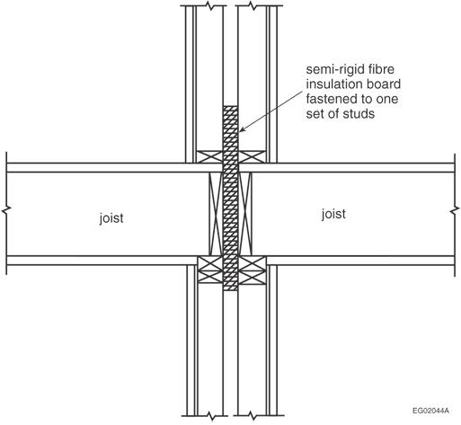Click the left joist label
click(x=111, y=218)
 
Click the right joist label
click(x=333, y=215)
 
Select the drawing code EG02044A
click(x=430, y=411)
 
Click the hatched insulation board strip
click(x=231, y=198)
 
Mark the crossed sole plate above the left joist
click(x=209, y=156)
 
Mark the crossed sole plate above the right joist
click(x=252, y=156)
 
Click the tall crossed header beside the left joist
click(x=216, y=214)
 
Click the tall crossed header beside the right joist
click(x=245, y=214)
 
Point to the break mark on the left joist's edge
click(x=6, y=210)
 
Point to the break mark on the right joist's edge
click(x=455, y=210)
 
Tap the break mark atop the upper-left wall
click(x=211, y=5)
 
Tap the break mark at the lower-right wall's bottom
click(x=253, y=416)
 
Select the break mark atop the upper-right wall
click(x=253, y=5)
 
